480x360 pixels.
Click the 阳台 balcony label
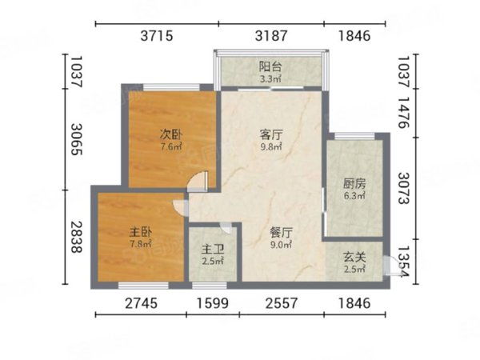point(270,66)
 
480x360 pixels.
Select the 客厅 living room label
point(271,134)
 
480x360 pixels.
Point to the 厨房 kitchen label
point(354,184)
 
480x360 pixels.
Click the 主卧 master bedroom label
point(141,233)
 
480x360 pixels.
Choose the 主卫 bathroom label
point(213,250)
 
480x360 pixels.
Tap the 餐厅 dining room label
point(281,233)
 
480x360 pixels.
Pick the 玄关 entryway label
point(354,257)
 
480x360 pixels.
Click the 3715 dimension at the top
point(157,36)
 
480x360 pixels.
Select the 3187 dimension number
point(271,36)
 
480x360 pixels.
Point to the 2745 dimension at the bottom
point(141,303)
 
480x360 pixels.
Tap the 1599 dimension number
point(213,303)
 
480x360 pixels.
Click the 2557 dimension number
point(282,303)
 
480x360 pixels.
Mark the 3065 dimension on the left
point(77,139)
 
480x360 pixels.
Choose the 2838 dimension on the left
point(77,238)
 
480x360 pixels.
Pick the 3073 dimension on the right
point(403,188)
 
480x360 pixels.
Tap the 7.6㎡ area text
point(171,146)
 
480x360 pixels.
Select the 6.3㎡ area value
point(354,196)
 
